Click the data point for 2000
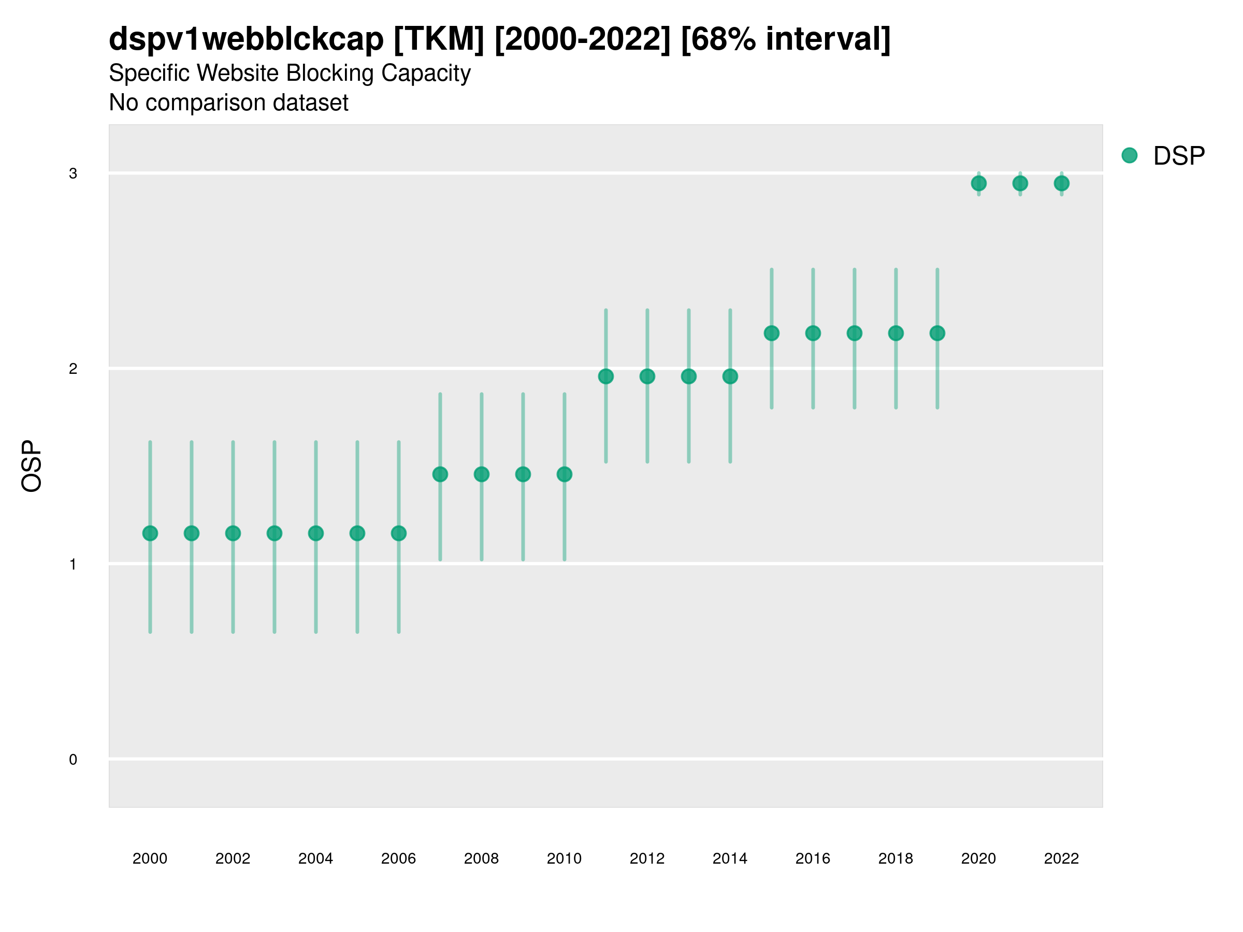point(150,533)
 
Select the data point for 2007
point(440,475)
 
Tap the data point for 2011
point(606,376)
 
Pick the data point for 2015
point(772,333)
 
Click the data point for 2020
point(979,183)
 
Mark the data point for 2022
point(1062,183)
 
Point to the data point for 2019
point(937,333)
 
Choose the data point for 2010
point(565,475)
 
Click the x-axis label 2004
point(316,858)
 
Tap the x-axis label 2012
point(647,858)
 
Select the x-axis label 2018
point(895,858)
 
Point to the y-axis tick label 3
point(73,173)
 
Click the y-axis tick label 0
point(73,760)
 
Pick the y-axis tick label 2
point(73,369)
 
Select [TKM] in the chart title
point(439,39)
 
